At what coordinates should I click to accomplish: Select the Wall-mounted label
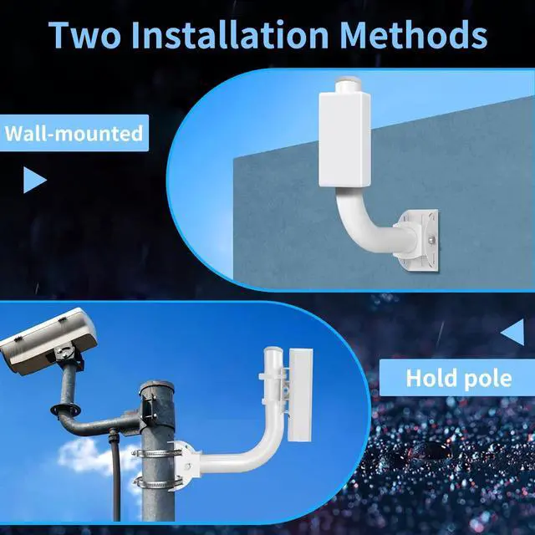pyautogui.click(x=74, y=133)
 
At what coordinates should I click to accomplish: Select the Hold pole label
pyautogui.click(x=458, y=377)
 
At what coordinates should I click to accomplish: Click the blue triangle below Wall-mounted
pyautogui.click(x=33, y=180)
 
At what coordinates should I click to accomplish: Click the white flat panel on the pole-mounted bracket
pyautogui.click(x=297, y=393)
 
